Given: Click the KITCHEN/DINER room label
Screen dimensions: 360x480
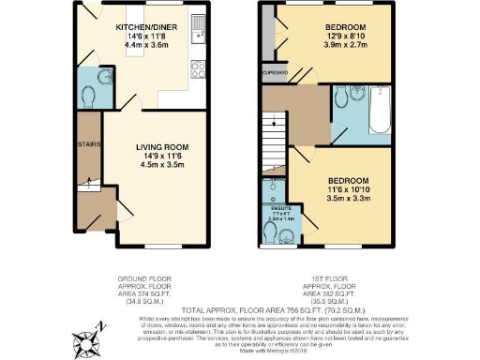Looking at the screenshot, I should (143, 27).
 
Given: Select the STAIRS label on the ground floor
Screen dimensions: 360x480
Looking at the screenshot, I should (88, 143).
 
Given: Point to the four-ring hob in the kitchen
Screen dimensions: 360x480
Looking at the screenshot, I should (199, 67).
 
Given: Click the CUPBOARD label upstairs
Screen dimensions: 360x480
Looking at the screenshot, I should (275, 69).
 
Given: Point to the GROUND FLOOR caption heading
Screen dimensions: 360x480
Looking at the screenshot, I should (147, 279).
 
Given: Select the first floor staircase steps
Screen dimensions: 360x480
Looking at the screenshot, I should (275, 127).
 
